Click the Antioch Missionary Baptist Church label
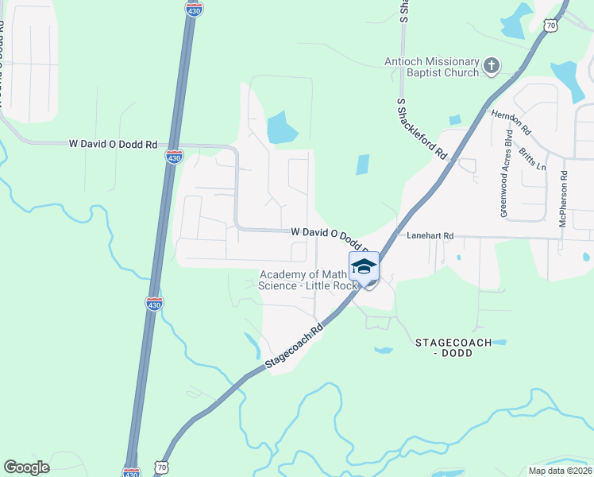tap(432, 67)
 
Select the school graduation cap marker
tap(364, 266)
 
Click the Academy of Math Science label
tap(303, 280)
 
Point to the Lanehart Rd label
tap(430, 236)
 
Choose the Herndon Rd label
tap(510, 122)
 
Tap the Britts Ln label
tap(532, 157)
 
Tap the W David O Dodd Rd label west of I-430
tap(113, 144)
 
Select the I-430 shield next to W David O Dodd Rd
tap(174, 157)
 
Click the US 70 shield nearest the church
tap(551, 25)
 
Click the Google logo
tap(26, 467)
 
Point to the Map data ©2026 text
tap(559, 470)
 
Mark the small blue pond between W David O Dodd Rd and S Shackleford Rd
tap(362, 165)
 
